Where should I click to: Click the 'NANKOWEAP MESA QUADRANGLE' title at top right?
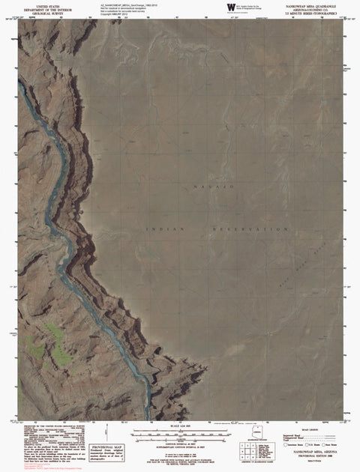pyautogui.click(x=306, y=4)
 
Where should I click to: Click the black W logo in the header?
pyautogui.click(x=228, y=7)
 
